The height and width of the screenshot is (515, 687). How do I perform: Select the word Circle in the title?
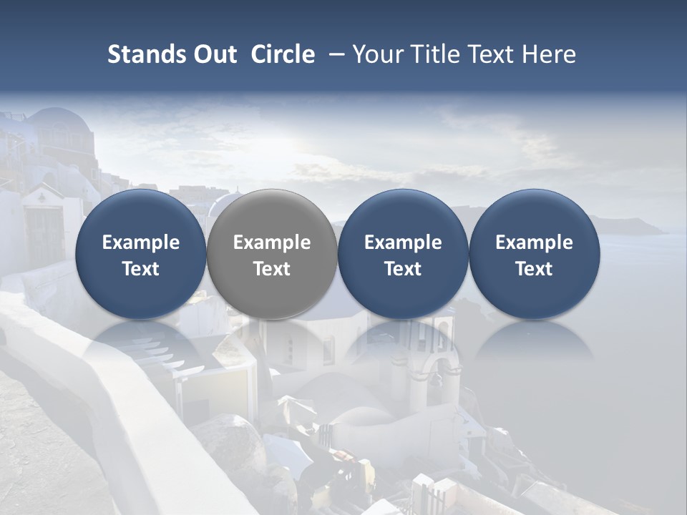283,54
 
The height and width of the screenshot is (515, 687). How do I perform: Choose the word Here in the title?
550,54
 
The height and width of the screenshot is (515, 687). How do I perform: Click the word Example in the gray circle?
272,242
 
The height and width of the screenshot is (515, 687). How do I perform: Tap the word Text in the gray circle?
272,269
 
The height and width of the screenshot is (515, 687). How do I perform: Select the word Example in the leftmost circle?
141,242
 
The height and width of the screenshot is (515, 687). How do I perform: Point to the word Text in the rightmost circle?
534,269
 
